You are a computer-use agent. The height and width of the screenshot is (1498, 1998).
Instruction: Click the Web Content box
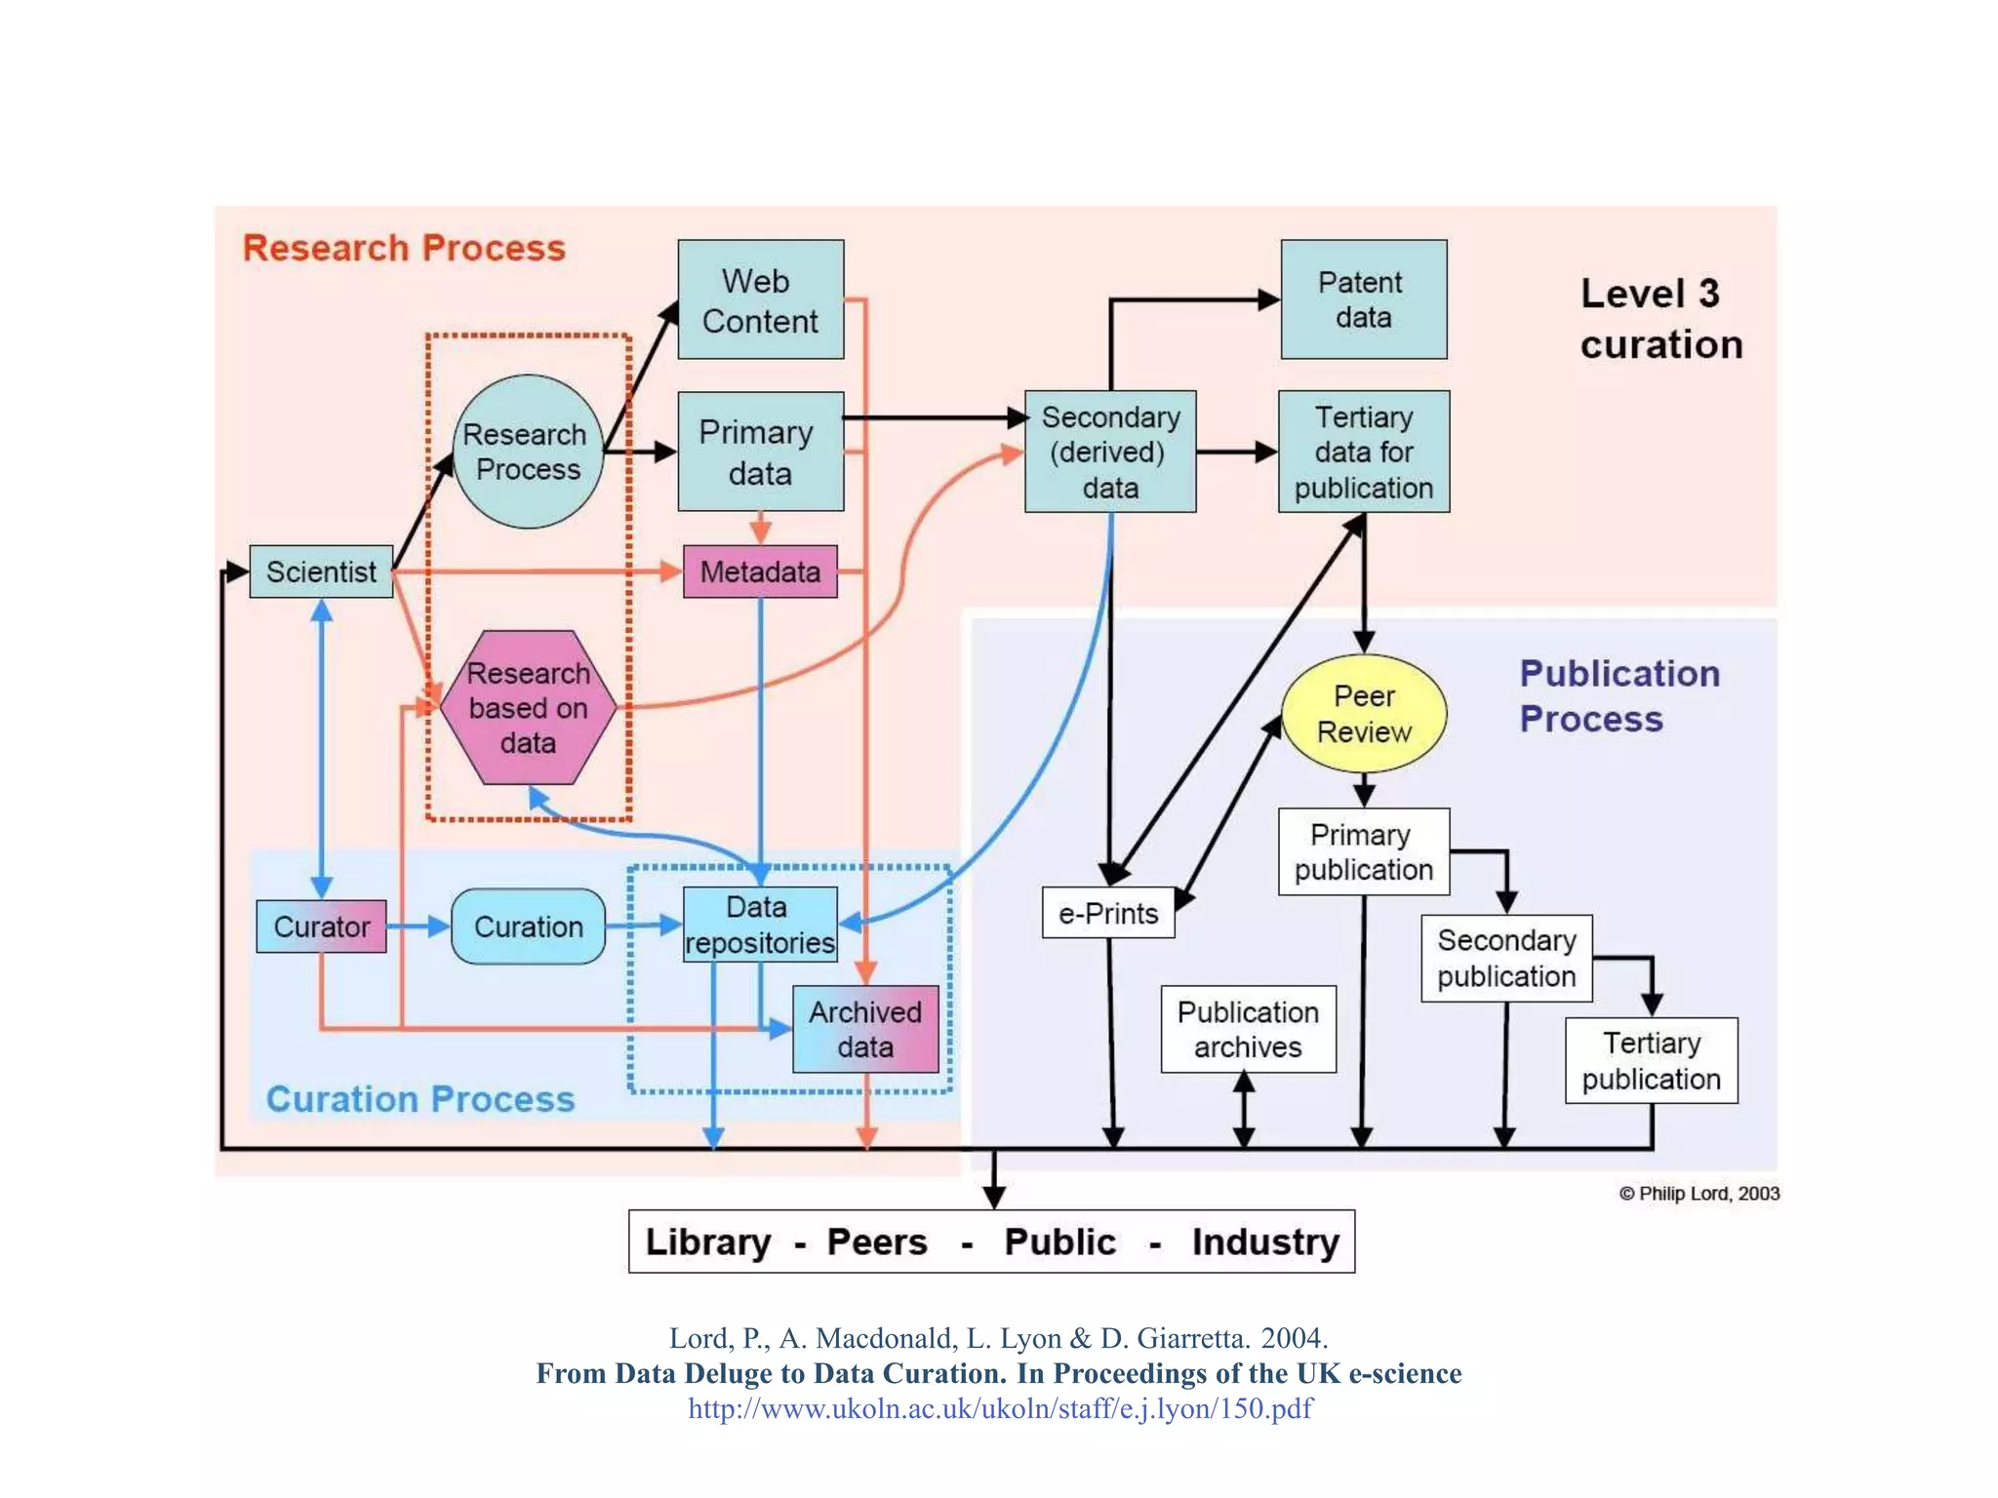coord(760,299)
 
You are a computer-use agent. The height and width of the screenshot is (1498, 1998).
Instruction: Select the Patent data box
coord(1363,299)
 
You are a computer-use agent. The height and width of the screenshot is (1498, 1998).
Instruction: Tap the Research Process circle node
coord(528,452)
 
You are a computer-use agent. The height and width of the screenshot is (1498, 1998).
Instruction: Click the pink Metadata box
coord(760,572)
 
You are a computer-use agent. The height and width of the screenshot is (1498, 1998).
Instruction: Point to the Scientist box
coord(321,572)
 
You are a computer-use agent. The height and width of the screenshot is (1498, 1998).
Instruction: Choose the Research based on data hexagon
coord(528,708)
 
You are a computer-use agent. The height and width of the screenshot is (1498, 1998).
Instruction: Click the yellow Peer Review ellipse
coord(1363,714)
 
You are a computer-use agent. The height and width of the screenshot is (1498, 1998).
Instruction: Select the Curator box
coord(321,926)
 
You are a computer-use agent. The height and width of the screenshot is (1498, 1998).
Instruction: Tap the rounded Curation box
coord(528,926)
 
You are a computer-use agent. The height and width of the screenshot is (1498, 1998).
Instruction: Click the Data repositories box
coord(760,925)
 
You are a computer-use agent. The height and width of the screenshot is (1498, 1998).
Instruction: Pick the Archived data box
coord(865,1029)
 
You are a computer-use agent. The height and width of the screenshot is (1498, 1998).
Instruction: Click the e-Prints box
coord(1108,913)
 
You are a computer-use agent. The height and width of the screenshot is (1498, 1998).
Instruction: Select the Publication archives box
coord(1248,1029)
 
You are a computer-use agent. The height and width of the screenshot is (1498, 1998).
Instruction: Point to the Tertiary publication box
coord(1651,1061)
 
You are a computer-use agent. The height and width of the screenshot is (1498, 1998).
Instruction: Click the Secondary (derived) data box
coord(1110,452)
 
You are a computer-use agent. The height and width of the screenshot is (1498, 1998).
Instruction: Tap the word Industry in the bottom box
coord(1265,1242)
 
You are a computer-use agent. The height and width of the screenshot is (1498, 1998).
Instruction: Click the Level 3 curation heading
coord(1660,319)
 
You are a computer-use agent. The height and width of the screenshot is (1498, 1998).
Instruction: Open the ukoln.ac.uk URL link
coord(1000,1408)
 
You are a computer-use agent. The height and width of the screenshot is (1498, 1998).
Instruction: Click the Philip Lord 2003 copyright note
coord(1698,1194)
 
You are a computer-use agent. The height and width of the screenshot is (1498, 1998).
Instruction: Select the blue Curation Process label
coord(420,1099)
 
